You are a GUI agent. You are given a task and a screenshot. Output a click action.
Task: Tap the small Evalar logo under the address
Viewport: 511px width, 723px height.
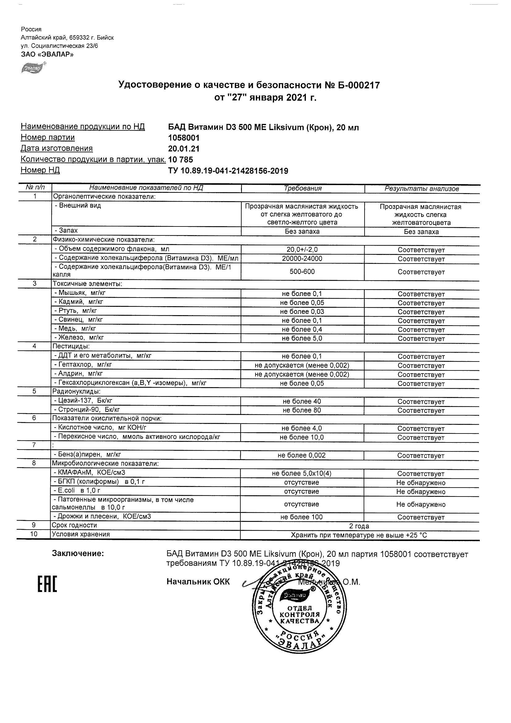(x=32, y=67)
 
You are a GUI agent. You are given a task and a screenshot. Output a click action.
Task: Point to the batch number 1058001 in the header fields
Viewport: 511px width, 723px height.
(x=184, y=138)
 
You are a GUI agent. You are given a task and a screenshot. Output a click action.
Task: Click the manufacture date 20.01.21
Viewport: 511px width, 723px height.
(x=184, y=149)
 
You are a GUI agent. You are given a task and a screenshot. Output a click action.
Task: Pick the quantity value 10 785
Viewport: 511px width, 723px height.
(x=181, y=160)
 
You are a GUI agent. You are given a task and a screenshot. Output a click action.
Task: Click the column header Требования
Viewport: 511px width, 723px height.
(x=302, y=188)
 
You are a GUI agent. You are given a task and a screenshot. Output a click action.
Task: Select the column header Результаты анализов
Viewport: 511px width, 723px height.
(x=422, y=188)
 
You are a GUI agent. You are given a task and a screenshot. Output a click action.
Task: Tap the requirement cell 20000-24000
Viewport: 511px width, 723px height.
(x=302, y=259)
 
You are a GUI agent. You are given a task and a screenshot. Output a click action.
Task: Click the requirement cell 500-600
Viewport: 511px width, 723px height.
(x=302, y=272)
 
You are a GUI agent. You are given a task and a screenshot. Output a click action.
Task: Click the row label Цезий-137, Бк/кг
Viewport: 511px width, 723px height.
(x=83, y=400)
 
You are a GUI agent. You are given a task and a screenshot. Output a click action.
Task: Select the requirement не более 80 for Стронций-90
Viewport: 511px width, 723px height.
(x=302, y=410)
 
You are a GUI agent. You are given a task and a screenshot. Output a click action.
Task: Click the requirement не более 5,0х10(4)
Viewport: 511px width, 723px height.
(x=302, y=473)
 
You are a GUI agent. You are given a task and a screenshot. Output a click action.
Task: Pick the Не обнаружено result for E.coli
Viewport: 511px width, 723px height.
(x=421, y=492)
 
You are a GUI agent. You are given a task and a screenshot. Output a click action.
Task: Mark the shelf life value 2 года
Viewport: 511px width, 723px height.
(x=359, y=526)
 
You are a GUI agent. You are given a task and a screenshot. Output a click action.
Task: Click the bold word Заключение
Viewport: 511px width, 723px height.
(x=78, y=553)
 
